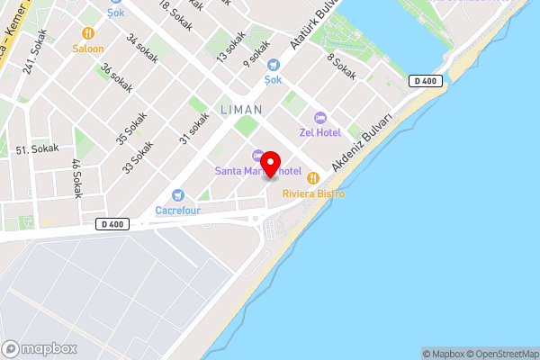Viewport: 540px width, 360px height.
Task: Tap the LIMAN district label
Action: (x=241, y=110)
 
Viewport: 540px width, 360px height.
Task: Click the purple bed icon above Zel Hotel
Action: (x=319, y=118)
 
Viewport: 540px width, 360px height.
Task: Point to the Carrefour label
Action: (x=177, y=211)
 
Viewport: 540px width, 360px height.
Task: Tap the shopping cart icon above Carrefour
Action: (x=177, y=195)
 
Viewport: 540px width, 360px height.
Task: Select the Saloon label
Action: (x=88, y=49)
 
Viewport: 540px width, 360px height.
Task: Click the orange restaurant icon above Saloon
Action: (x=88, y=33)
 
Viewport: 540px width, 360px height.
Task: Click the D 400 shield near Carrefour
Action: (x=112, y=224)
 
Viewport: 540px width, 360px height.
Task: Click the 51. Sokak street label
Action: (x=38, y=148)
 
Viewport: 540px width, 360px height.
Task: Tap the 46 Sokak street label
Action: (x=76, y=177)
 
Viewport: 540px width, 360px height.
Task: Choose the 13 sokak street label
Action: (x=230, y=47)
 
